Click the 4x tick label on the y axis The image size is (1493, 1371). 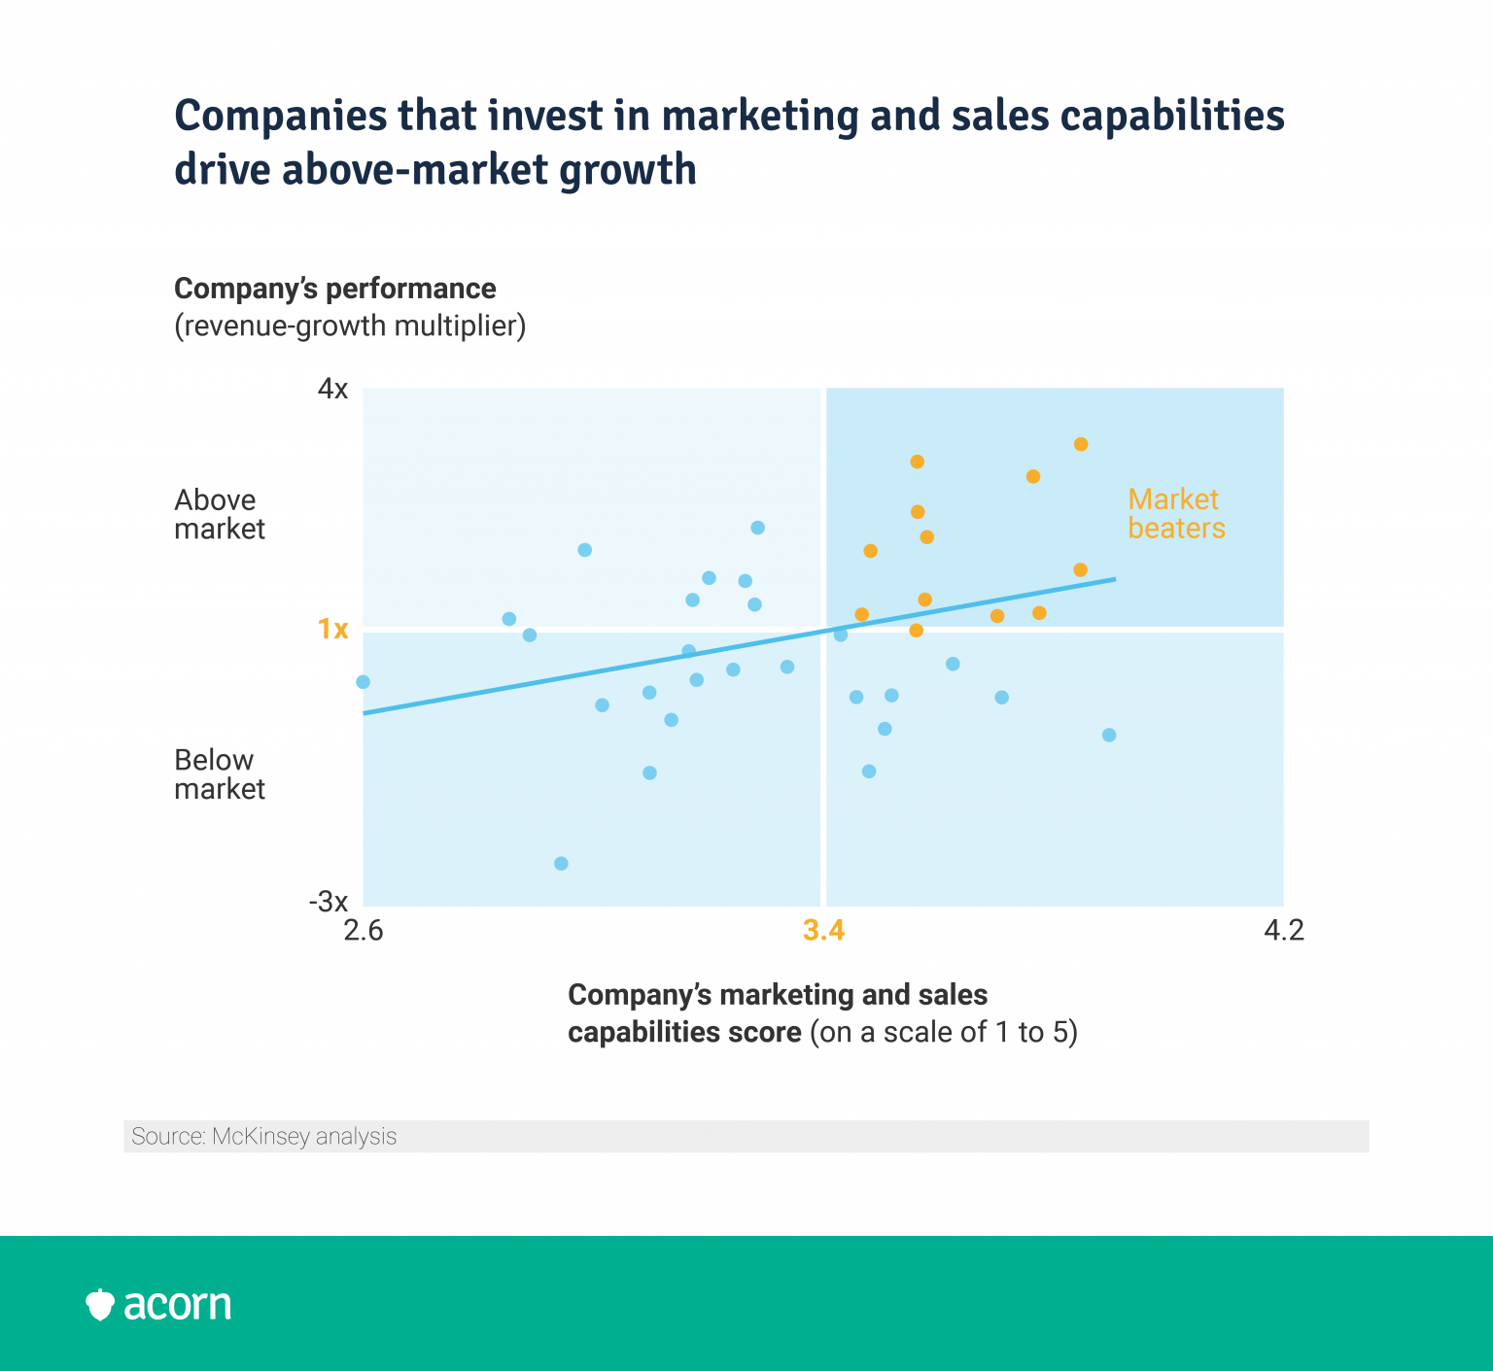(332, 390)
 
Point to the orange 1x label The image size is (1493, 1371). (332, 630)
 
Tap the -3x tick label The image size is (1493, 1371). (329, 902)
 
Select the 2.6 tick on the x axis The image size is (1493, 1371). (364, 931)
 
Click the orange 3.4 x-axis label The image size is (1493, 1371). (823, 931)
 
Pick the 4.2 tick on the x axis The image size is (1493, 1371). (1283, 931)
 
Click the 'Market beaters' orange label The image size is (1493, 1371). (1176, 514)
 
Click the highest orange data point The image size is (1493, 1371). (1080, 444)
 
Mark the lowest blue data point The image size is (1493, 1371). (561, 864)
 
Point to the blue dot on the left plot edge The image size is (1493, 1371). (364, 682)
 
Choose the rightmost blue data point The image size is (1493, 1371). (1109, 735)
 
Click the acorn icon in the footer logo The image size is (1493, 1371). (100, 1305)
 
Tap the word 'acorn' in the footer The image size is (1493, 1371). (178, 1305)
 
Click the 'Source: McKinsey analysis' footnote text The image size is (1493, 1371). (264, 1137)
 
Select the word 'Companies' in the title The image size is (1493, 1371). (279, 116)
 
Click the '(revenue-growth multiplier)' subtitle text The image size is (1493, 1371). (350, 326)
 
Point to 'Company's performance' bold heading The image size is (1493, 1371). (335, 289)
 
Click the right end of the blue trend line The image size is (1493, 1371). (1113, 579)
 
